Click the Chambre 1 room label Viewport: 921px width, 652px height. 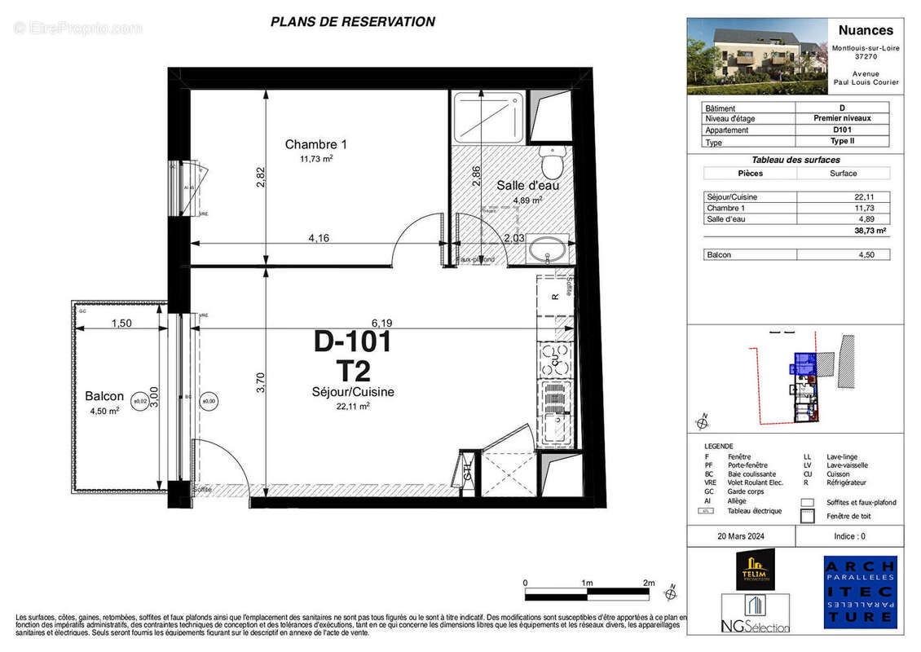309,145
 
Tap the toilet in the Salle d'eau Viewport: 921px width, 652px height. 553,162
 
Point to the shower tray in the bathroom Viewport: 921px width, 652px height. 487,117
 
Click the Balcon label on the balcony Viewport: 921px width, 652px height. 104,397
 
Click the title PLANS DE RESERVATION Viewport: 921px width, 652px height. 352,22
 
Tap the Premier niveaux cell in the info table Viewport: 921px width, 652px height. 842,119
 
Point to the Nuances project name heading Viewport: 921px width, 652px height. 866,30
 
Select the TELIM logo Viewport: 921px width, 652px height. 755,569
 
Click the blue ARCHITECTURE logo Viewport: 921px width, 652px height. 860,593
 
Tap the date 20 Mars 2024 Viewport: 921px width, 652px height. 742,536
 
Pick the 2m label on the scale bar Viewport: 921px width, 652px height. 648,584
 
